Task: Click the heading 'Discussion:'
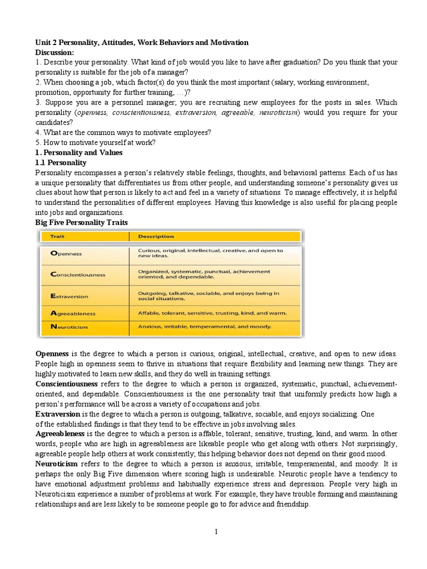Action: (55, 52)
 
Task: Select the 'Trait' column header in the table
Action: (57, 236)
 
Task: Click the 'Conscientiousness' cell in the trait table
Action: (78, 274)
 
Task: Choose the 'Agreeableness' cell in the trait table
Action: (73, 313)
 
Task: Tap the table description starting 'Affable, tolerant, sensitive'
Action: (212, 313)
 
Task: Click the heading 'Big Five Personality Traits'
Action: (82, 222)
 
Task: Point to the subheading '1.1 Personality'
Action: (61, 163)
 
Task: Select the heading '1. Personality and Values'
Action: (78, 152)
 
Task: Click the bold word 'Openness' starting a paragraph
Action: (52, 354)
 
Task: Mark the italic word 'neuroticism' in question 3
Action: (277, 113)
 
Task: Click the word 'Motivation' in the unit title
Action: (228, 42)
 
